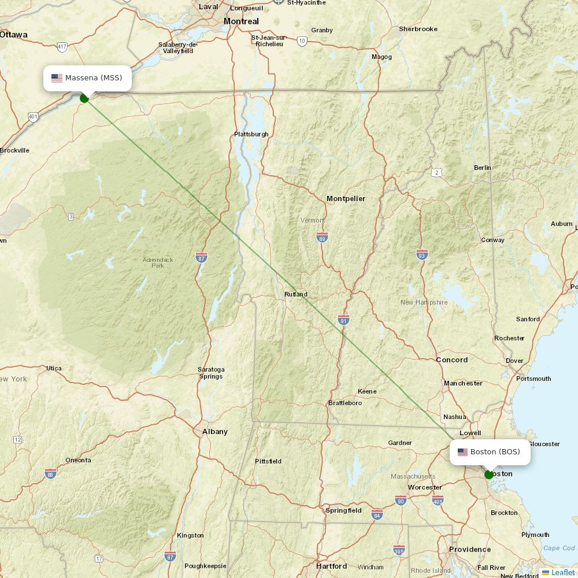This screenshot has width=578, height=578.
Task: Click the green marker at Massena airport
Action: point(84,98)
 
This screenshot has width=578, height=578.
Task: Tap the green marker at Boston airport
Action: point(489,475)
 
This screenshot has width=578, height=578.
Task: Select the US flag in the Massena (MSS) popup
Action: point(57,78)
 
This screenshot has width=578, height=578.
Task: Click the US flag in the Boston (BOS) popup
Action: point(462,452)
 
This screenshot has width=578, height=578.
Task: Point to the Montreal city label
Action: point(241,21)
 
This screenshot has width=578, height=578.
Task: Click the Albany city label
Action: point(215,432)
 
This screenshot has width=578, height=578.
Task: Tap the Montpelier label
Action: point(346,199)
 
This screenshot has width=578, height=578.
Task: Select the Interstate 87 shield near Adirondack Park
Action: point(201,257)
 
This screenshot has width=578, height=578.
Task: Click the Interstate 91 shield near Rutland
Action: point(344,320)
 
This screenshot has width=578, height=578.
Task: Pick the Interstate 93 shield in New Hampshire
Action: point(423,254)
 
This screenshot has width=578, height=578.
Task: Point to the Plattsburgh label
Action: point(251,134)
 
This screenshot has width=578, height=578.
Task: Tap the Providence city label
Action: point(470,550)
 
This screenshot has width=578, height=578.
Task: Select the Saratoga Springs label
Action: point(211,373)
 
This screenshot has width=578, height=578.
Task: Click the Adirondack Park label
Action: point(158,262)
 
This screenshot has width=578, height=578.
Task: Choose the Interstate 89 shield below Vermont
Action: point(323,237)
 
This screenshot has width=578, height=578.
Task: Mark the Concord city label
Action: point(452,360)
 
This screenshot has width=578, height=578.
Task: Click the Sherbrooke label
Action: point(418,29)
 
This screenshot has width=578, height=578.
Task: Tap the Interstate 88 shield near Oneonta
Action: point(51,473)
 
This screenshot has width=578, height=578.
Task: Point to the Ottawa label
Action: point(14,35)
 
